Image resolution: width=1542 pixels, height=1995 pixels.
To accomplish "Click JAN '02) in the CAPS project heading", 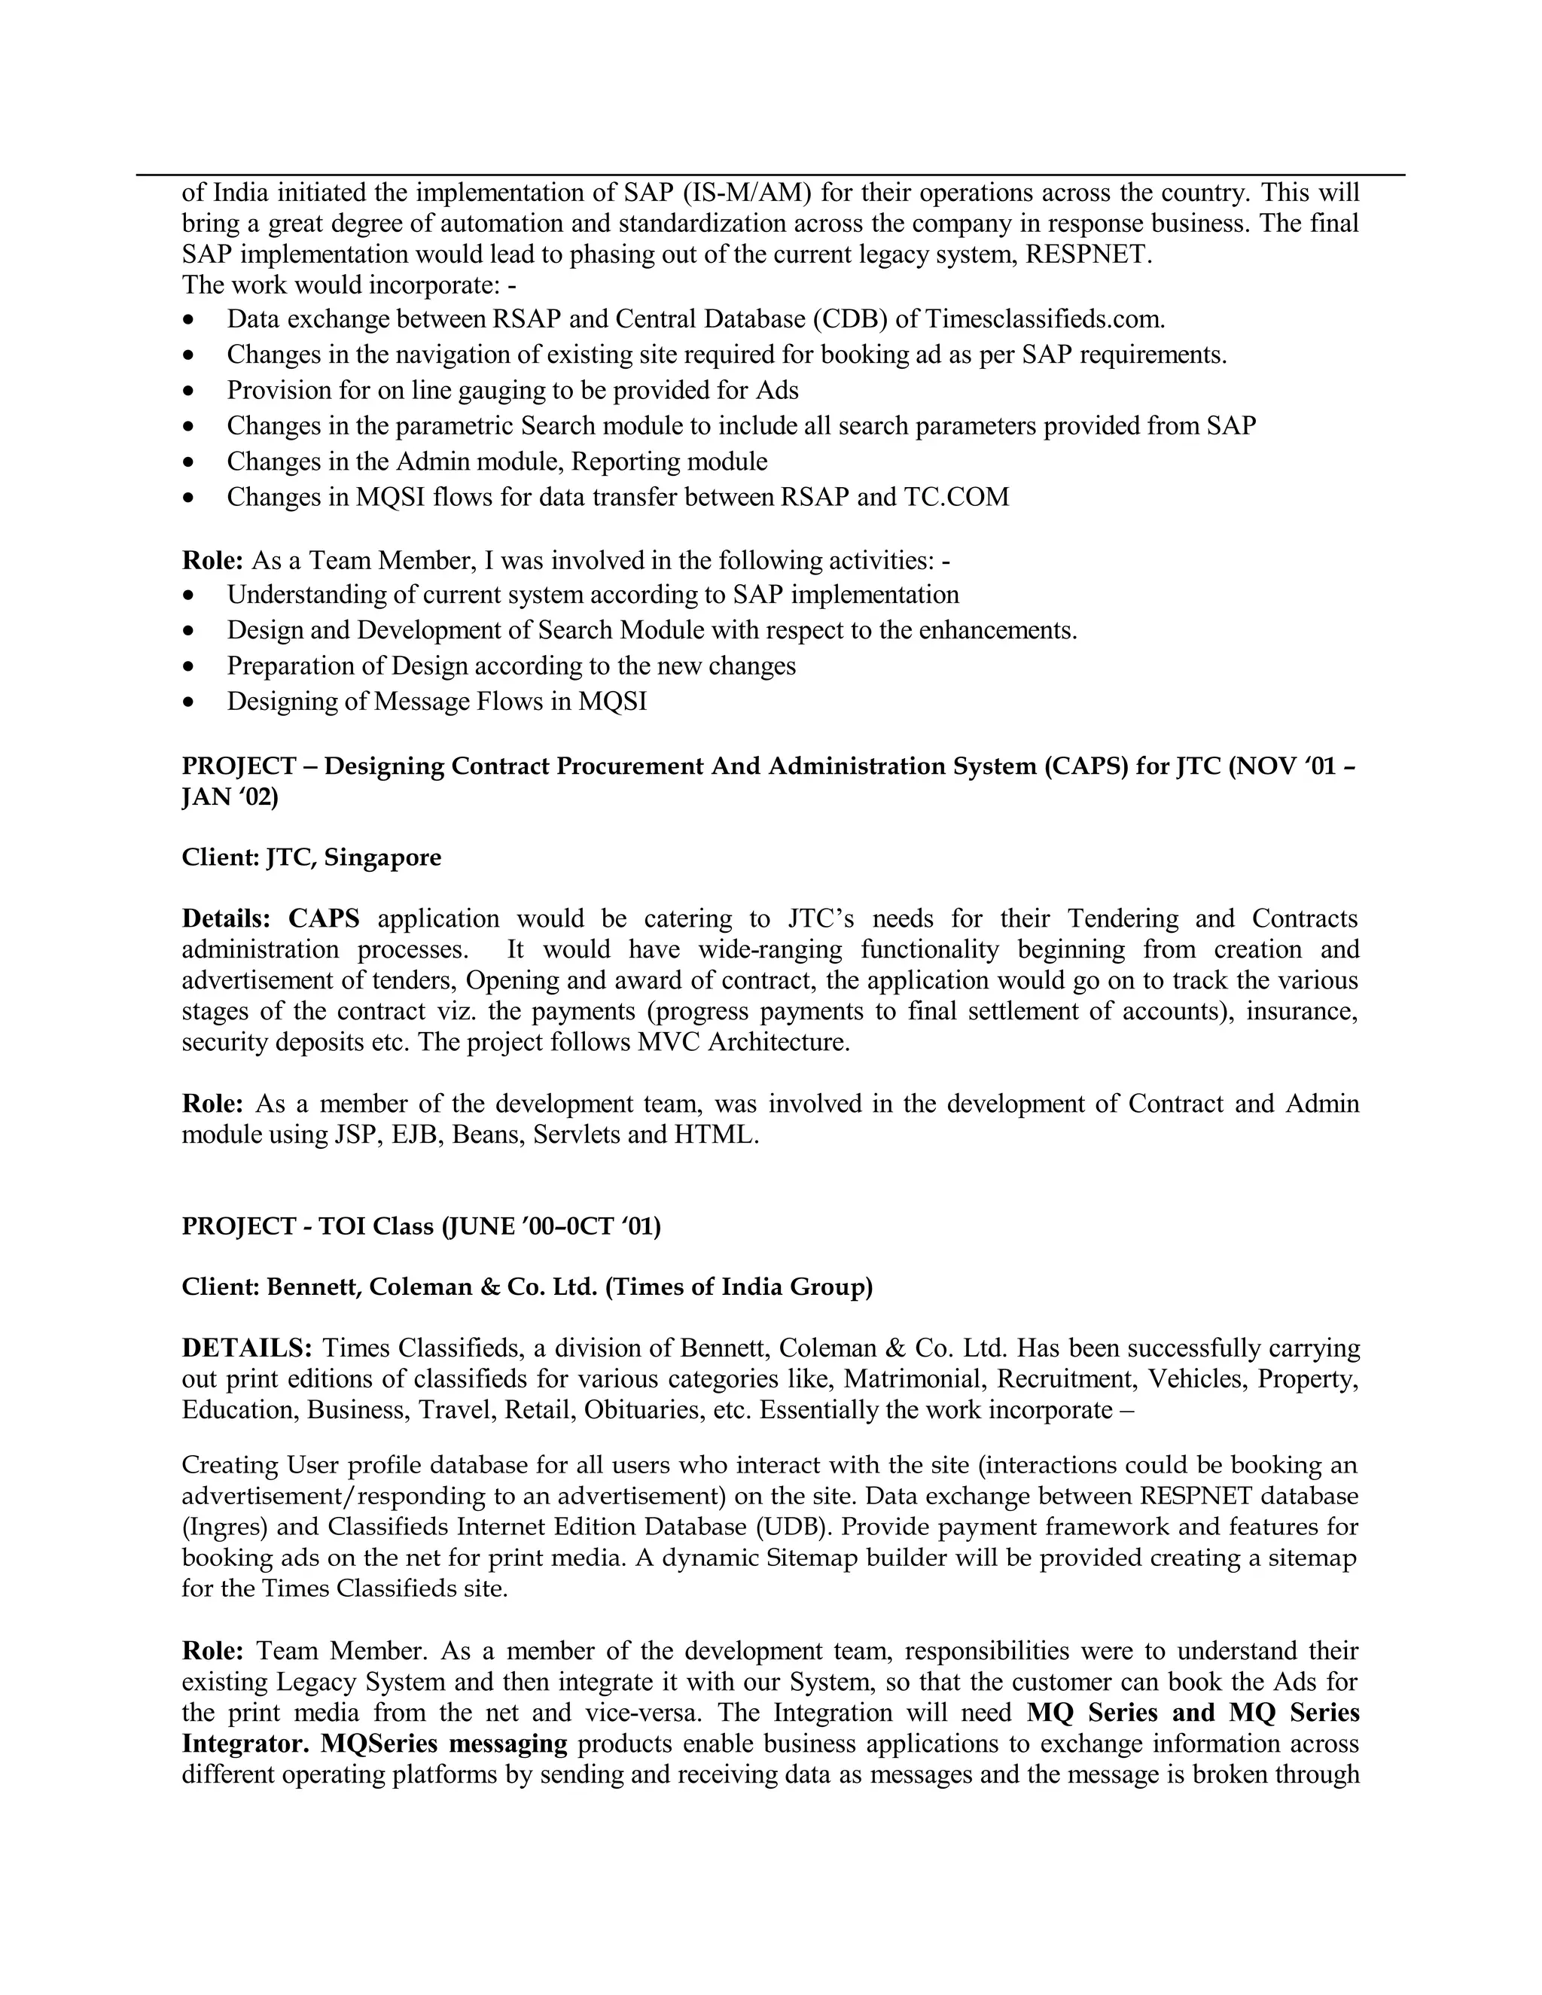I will pyautogui.click(x=230, y=797).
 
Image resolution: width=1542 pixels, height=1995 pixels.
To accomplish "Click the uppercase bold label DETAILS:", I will pyautogui.click(x=247, y=1348).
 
